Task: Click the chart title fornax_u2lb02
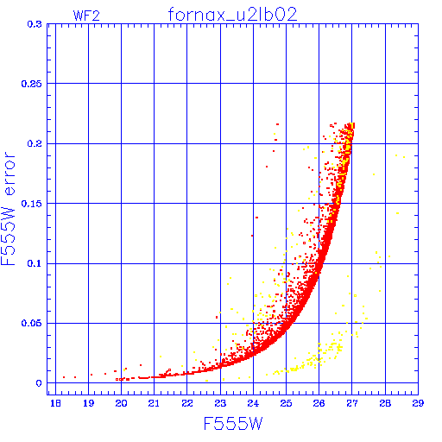click(x=232, y=15)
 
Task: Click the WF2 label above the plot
click(x=86, y=16)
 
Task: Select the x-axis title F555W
click(x=233, y=424)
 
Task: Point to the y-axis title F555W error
click(x=8, y=208)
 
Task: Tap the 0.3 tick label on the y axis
click(x=35, y=24)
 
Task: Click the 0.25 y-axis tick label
click(x=32, y=84)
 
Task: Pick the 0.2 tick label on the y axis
click(x=35, y=143)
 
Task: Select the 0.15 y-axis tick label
click(x=32, y=204)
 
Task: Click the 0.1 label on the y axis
click(x=35, y=263)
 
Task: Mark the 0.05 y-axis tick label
click(x=32, y=323)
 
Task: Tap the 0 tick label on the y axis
click(x=39, y=383)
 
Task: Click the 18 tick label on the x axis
click(x=55, y=403)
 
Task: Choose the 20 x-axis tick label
click(x=121, y=403)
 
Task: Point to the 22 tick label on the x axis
click(x=187, y=403)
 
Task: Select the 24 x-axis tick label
click(x=253, y=403)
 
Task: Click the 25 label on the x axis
click(x=286, y=403)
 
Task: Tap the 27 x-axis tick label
click(x=352, y=403)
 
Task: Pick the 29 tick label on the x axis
click(x=418, y=403)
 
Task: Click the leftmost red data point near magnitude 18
click(x=64, y=377)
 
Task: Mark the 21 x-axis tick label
click(x=154, y=403)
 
